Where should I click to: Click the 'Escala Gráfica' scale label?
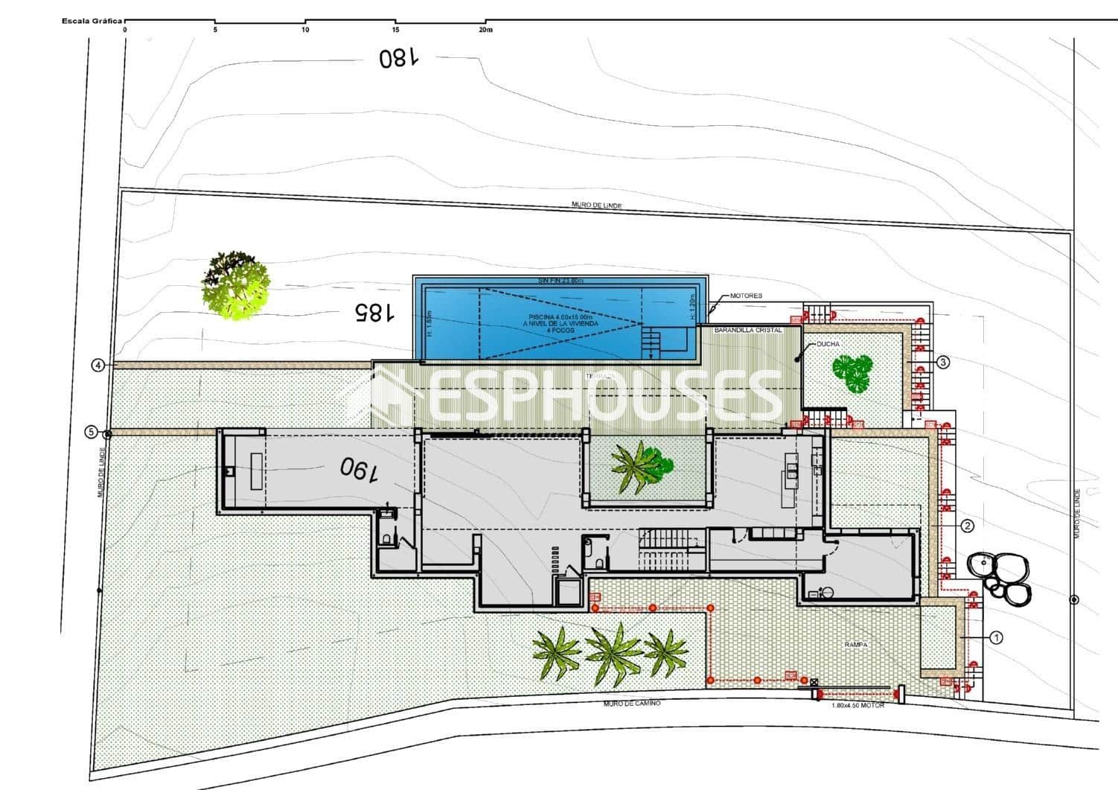click(x=92, y=21)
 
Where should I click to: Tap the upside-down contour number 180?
click(x=399, y=58)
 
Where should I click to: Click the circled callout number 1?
click(x=996, y=637)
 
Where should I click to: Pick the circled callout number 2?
click(x=967, y=526)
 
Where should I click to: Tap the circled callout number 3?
click(x=942, y=363)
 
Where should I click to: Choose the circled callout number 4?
click(x=98, y=365)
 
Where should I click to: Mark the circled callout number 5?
click(x=91, y=431)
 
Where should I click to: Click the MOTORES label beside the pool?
click(x=746, y=296)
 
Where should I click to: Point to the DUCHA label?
click(x=828, y=344)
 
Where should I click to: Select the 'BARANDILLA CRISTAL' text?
click(x=747, y=329)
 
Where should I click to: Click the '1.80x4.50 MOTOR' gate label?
click(x=857, y=704)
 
